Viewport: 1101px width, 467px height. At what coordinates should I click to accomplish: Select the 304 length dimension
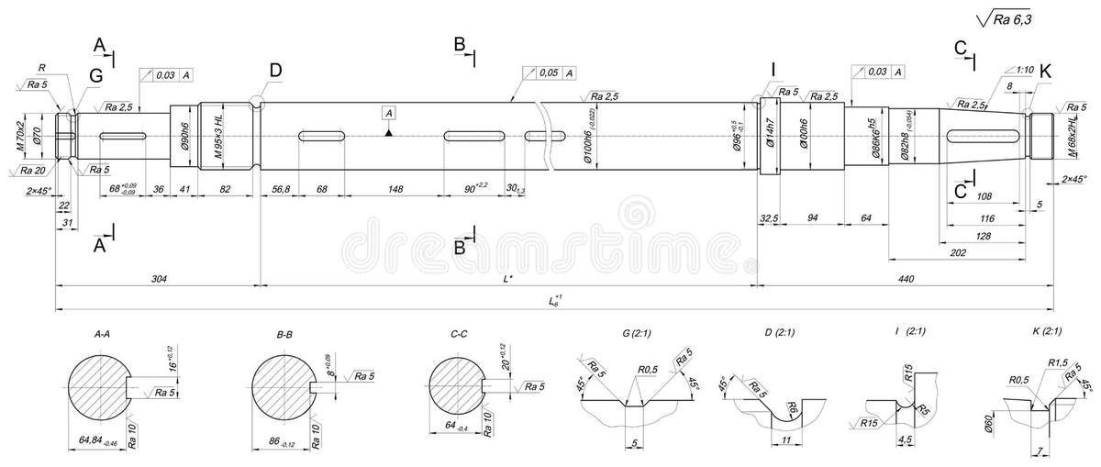(x=159, y=277)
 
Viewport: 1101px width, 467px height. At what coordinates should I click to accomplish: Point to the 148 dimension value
(x=395, y=189)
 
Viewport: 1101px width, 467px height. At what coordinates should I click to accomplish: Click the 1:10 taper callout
(x=1025, y=69)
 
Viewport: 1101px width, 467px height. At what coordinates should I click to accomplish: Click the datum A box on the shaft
(x=389, y=113)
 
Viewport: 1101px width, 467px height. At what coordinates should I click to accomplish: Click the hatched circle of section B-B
(x=281, y=386)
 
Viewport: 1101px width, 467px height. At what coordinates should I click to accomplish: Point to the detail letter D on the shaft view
(x=276, y=71)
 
